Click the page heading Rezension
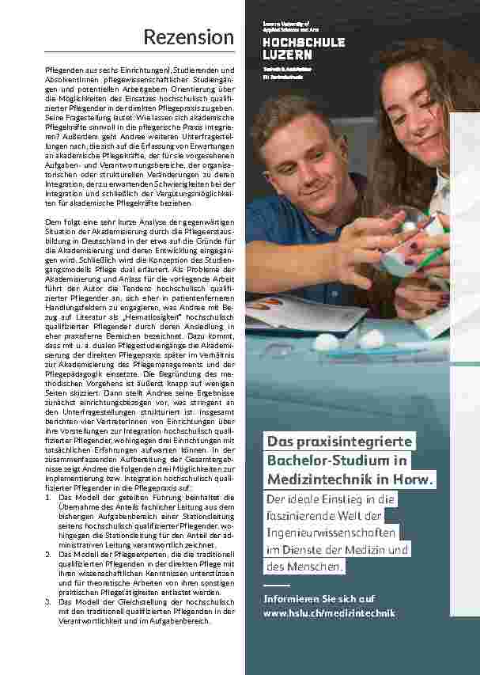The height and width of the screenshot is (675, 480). coord(188,37)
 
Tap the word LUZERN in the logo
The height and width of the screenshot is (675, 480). coord(287,55)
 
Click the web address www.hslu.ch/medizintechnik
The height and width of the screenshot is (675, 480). coord(329,613)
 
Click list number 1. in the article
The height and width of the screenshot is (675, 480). coord(49,496)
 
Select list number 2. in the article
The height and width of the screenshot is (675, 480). coord(49,554)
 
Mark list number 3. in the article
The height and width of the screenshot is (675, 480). coord(49,601)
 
